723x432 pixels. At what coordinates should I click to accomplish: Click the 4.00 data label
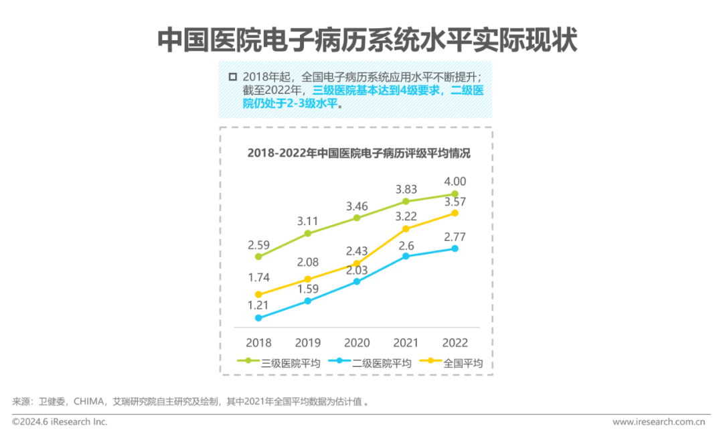455,182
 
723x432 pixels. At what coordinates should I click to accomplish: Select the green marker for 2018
258,257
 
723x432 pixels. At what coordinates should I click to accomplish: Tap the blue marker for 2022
455,248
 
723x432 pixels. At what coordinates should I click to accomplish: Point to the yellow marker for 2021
406,229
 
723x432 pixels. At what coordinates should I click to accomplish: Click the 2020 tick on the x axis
357,342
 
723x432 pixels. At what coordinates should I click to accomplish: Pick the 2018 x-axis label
258,342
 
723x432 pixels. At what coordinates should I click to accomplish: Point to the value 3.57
455,202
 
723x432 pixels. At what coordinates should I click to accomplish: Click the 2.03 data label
357,270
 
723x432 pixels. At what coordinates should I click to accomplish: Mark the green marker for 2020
357,218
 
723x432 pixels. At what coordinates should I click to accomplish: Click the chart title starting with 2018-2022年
359,153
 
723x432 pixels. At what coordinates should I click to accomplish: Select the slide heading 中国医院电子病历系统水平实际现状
367,40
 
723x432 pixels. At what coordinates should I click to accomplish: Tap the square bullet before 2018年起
232,77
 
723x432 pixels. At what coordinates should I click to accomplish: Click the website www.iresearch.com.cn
659,422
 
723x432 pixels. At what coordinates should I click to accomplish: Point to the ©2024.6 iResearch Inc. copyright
60,422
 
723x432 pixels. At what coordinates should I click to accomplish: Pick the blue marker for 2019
308,301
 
